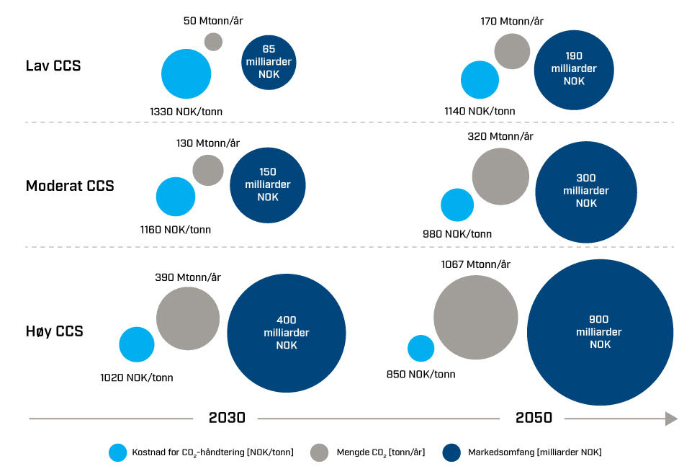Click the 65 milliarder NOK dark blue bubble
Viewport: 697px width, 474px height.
(267, 63)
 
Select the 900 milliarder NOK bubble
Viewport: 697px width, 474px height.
(599, 332)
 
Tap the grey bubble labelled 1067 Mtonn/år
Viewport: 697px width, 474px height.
(476, 317)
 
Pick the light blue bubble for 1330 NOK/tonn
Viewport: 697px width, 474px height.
(186, 73)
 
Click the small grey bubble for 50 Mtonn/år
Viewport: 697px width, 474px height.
(213, 41)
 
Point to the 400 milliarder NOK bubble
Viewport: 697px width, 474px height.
(286, 332)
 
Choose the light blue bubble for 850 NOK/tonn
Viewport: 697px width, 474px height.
(421, 349)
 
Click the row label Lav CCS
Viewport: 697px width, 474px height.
(53, 66)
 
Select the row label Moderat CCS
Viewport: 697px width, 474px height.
(70, 186)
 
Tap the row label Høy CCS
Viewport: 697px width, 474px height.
(54, 331)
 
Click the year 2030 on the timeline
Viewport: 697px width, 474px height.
(227, 419)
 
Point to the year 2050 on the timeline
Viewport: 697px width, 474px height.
(534, 419)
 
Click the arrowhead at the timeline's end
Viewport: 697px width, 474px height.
(671, 419)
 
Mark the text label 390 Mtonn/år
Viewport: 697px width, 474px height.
(188, 277)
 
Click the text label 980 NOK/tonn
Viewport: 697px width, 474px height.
(457, 234)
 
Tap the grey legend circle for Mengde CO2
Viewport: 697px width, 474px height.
(320, 452)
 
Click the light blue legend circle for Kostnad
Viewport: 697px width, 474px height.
(117, 452)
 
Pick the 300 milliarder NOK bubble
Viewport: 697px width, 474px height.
(586, 190)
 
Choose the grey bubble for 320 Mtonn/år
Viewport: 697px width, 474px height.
(500, 176)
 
